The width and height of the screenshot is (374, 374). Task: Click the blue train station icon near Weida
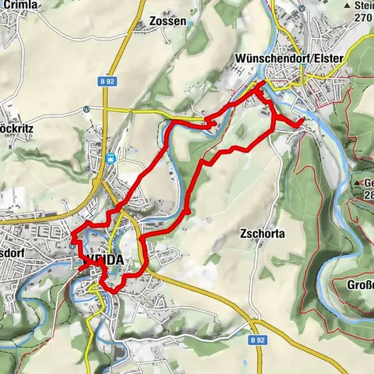(x=111, y=157)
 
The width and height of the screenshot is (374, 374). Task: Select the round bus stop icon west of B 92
(x=85, y=111)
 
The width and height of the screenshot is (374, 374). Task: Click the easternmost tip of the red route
(x=302, y=122)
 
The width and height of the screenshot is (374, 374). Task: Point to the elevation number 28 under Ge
(x=366, y=196)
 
